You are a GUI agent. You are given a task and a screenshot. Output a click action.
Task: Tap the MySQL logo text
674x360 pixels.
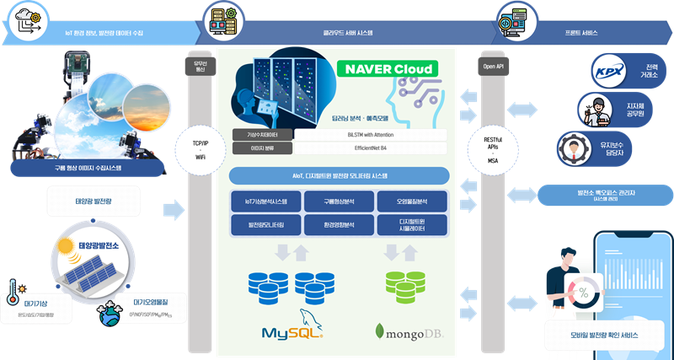tap(292, 330)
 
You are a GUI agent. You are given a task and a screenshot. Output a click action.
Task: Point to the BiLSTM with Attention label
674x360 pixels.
tap(371, 134)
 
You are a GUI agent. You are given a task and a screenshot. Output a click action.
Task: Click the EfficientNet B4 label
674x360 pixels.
tap(371, 148)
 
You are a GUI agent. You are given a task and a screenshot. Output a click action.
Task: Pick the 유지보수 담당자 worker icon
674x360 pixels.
tap(574, 149)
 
